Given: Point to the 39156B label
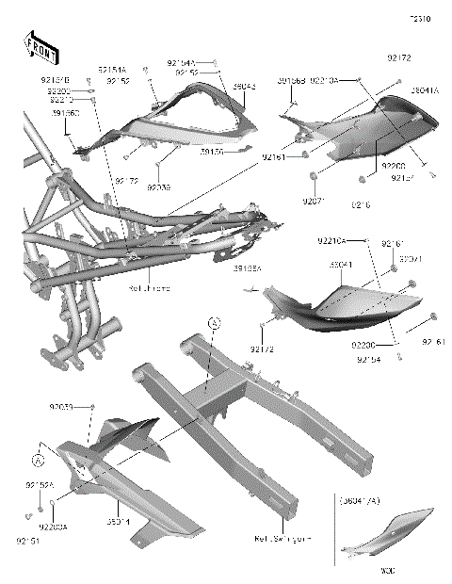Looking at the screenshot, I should [291, 81].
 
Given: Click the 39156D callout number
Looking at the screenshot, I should [64, 112].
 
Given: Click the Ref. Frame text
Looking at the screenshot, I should [152, 288].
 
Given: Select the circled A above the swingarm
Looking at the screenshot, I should [214, 323].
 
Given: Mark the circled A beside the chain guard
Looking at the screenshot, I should [38, 461].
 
